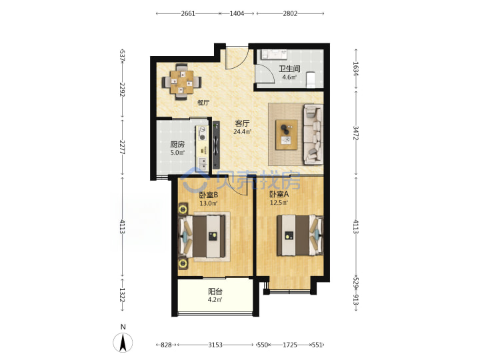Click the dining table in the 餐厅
point(181,82)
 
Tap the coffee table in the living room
point(287,135)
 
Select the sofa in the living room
point(313,133)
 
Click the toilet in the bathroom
point(311,79)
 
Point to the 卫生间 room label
point(289,69)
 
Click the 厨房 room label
point(177,144)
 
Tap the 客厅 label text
point(242,123)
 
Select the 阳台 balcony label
point(215,291)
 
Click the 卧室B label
point(209,195)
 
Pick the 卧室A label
point(279,194)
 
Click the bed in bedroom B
point(203,236)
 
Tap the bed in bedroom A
point(300,235)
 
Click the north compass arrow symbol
point(123,343)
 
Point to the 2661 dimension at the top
point(188,13)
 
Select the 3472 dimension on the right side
point(356,133)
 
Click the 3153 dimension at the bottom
point(215,345)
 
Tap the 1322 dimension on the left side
point(123,295)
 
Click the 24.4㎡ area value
point(242,132)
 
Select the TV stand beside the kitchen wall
point(216,145)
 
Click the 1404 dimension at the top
point(237,13)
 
